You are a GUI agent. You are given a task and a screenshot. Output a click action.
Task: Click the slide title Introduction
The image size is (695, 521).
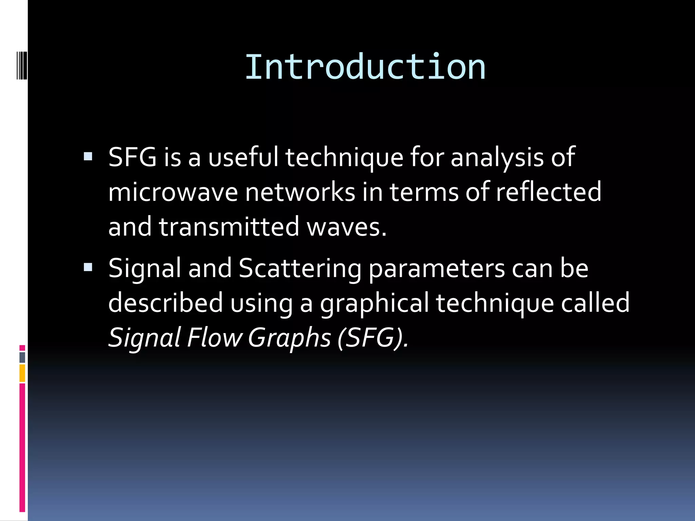pyautogui.click(x=365, y=67)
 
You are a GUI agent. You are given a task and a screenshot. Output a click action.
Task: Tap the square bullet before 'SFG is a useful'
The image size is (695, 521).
pyautogui.click(x=88, y=156)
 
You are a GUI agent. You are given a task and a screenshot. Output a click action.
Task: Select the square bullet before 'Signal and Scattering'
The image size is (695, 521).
pyautogui.click(x=88, y=267)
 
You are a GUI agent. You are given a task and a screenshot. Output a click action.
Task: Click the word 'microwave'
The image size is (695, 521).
pyautogui.click(x=173, y=192)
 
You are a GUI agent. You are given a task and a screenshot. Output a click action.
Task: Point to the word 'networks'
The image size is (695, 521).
pyautogui.click(x=300, y=192)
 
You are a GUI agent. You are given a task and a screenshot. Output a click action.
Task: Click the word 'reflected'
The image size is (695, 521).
pyautogui.click(x=548, y=192)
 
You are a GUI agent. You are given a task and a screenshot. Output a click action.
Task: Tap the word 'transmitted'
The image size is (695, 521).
pyautogui.click(x=229, y=227)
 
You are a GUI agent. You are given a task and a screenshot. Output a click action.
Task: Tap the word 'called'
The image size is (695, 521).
pyautogui.click(x=595, y=303)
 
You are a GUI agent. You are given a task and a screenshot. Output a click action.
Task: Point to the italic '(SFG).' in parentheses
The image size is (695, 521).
pyautogui.click(x=373, y=338)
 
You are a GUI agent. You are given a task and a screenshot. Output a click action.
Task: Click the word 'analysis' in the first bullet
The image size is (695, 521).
pyautogui.click(x=497, y=157)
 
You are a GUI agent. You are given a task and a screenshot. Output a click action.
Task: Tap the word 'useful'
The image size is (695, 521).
pyautogui.click(x=243, y=157)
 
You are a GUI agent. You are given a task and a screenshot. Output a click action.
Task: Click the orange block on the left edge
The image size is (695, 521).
pyautogui.click(x=22, y=373)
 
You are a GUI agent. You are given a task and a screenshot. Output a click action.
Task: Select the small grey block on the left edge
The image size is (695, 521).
pyautogui.click(x=22, y=357)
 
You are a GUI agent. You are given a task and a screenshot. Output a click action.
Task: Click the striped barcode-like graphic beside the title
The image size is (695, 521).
pyautogui.click(x=22, y=64)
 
